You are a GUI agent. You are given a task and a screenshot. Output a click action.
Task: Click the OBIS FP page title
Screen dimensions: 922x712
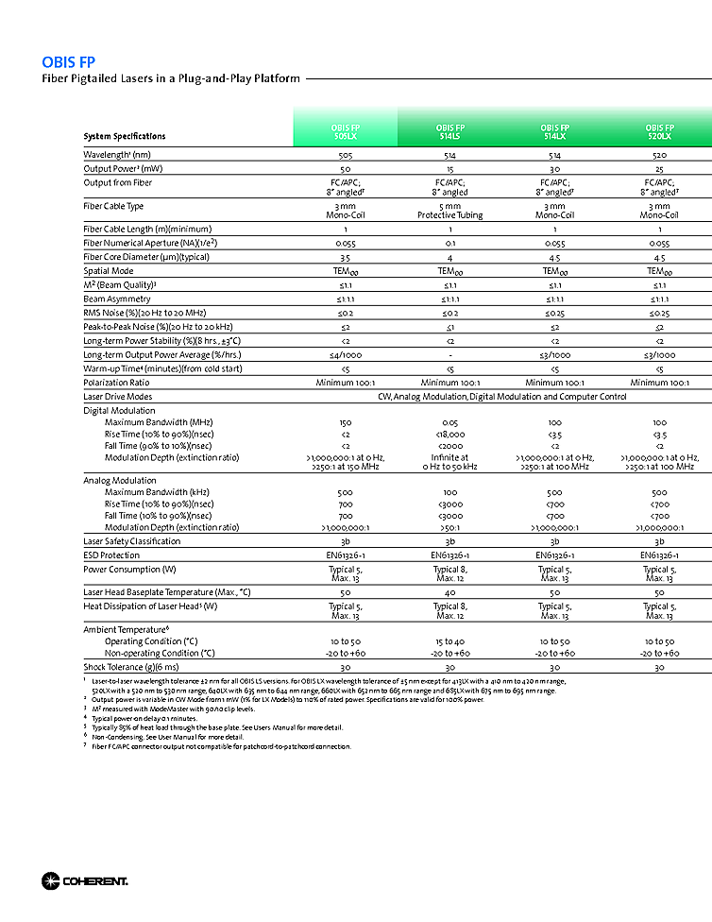pyautogui.click(x=68, y=62)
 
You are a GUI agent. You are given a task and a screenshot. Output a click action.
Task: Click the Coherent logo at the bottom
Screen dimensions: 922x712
pyautogui.click(x=84, y=881)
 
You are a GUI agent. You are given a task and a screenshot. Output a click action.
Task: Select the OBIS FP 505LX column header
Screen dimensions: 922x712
pyautogui.click(x=345, y=131)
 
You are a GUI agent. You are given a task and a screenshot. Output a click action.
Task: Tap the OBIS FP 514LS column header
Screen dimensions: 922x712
pyautogui.click(x=449, y=131)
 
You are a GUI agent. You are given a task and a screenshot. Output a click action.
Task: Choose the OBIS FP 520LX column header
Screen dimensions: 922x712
pyautogui.click(x=659, y=131)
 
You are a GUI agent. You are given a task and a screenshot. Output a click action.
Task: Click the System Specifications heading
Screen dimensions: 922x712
pyautogui.click(x=125, y=136)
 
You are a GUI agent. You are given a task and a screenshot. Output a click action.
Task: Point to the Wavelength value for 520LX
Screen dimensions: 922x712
pyautogui.click(x=659, y=154)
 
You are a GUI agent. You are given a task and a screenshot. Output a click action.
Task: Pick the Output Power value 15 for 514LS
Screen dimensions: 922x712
pyautogui.click(x=449, y=168)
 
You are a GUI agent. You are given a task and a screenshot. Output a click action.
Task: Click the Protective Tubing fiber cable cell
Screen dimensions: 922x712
pyautogui.click(x=449, y=214)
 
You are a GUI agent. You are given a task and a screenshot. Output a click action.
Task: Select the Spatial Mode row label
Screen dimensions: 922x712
pyautogui.click(x=110, y=270)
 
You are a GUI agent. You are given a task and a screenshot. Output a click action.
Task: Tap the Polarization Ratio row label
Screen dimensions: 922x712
pyautogui.click(x=117, y=383)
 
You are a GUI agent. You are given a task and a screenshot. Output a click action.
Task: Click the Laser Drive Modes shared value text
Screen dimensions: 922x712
pyautogui.click(x=501, y=397)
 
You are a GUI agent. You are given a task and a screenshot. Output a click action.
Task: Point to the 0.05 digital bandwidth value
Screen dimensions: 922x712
pyautogui.click(x=449, y=422)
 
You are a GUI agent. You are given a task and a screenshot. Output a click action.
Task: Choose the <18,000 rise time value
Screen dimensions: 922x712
pyautogui.click(x=449, y=434)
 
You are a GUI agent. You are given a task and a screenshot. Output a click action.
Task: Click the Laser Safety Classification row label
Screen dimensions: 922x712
pyautogui.click(x=132, y=541)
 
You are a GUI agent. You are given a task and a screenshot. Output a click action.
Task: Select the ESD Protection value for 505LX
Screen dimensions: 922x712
pyautogui.click(x=345, y=555)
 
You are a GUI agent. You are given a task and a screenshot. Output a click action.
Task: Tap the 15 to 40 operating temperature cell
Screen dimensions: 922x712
pyautogui.click(x=449, y=641)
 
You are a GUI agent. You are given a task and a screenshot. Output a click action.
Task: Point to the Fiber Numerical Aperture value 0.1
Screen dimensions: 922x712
pyautogui.click(x=449, y=243)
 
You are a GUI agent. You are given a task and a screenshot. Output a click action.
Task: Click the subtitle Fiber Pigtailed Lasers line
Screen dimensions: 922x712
pyautogui.click(x=171, y=78)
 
